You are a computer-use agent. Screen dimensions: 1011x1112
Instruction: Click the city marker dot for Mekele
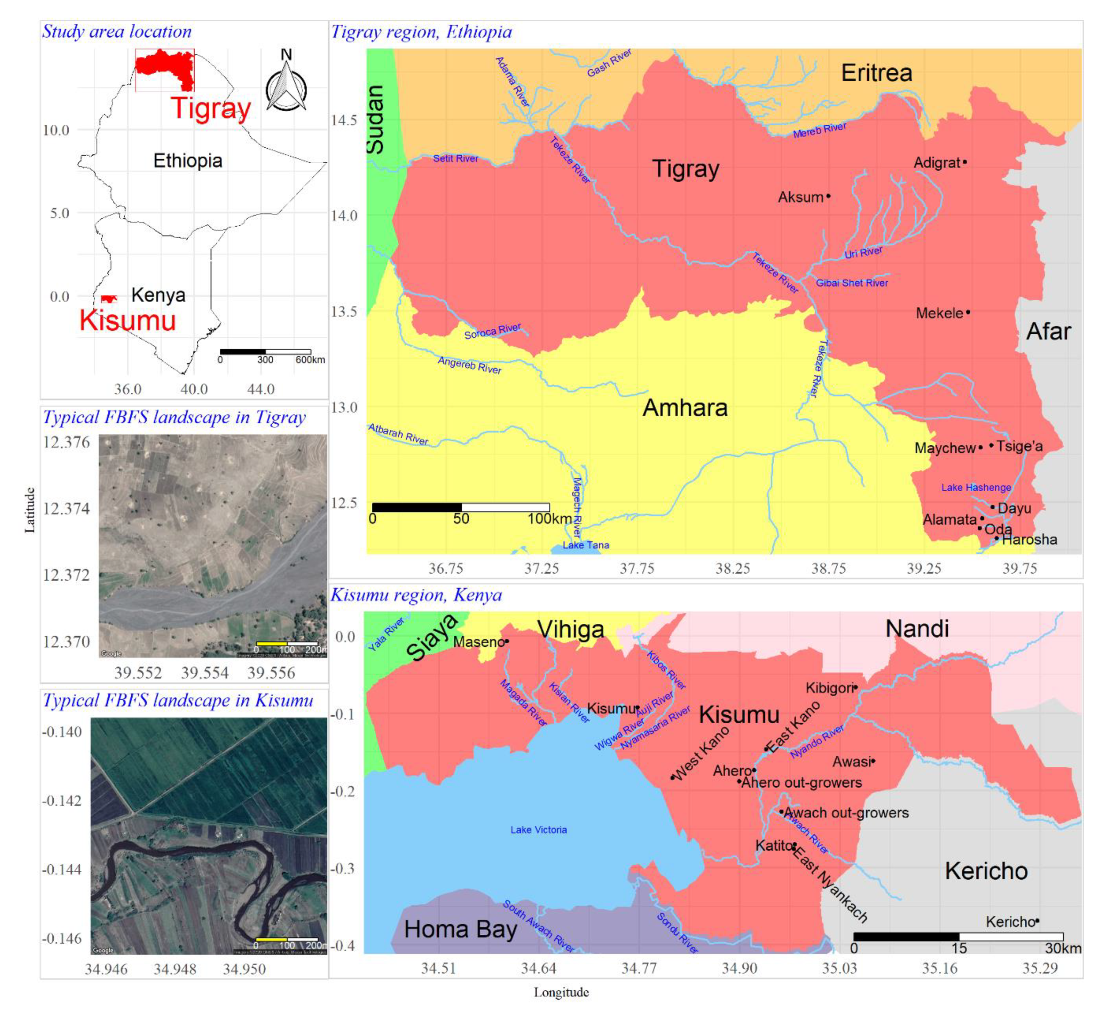coord(968,312)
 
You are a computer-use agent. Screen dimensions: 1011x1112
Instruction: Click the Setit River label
coord(455,159)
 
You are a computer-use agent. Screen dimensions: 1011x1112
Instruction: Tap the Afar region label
coord(1048,332)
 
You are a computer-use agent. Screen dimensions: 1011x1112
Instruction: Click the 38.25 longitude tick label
coord(733,569)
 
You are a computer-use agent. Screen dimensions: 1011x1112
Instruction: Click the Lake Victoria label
coord(538,830)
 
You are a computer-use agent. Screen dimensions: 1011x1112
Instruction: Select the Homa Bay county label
coord(460,929)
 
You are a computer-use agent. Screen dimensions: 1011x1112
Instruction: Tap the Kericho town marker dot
coord(1037,921)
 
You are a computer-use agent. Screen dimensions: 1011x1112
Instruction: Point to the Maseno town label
coord(478,642)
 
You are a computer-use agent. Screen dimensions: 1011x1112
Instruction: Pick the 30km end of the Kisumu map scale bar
coord(1062,948)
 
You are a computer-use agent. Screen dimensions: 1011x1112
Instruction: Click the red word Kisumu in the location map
coord(127,320)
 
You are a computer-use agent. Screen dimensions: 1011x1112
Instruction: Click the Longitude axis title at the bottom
coord(561,992)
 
